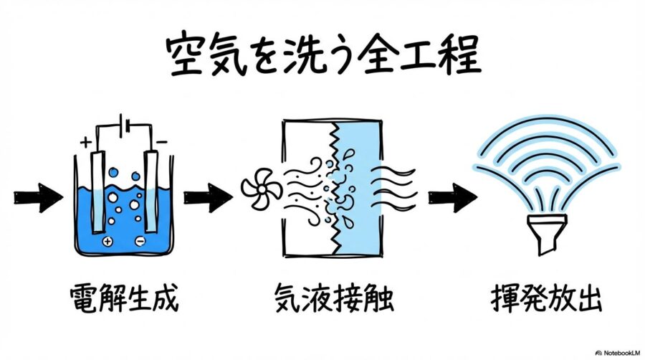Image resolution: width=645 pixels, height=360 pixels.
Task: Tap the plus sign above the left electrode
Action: (86, 142)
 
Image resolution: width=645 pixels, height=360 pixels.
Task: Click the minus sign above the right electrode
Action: (162, 142)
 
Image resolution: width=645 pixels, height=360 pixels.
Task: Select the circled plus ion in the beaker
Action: (107, 242)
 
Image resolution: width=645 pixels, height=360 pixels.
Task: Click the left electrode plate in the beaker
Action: (98, 191)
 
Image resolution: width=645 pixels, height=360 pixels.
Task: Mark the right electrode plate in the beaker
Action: (151, 191)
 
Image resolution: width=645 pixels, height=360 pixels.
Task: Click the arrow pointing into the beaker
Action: (37, 199)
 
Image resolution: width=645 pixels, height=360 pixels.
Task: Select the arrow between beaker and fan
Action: (207, 199)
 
